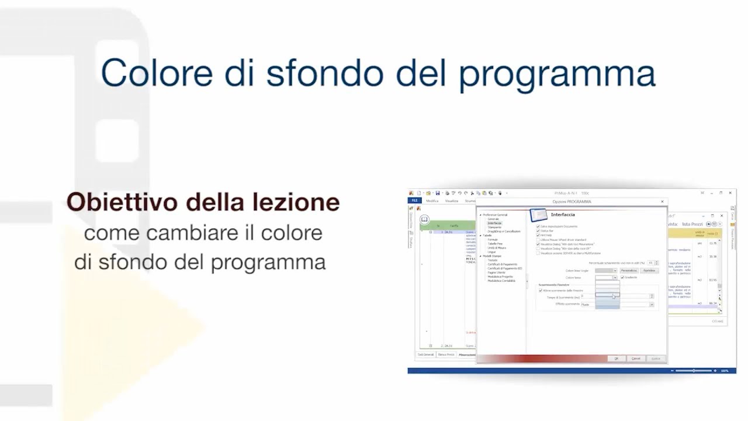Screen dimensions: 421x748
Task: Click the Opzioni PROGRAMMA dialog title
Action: tap(572, 202)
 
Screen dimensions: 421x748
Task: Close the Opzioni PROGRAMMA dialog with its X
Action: tap(662, 202)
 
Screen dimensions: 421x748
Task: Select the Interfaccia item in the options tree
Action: tap(494, 223)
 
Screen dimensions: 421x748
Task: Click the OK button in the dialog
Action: tap(616, 358)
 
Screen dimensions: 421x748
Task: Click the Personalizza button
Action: tap(629, 271)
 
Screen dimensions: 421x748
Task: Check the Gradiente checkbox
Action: tap(623, 277)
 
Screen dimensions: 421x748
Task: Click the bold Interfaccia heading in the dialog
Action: tap(563, 215)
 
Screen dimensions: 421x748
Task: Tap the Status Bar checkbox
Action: tap(538, 230)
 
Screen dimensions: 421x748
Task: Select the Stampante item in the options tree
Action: tap(494, 227)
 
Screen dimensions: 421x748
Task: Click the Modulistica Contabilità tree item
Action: tap(501, 281)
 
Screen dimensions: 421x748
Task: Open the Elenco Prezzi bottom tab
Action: tap(446, 354)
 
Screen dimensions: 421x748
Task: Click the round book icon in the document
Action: tap(425, 219)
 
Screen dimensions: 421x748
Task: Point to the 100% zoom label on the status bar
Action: tap(725, 371)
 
